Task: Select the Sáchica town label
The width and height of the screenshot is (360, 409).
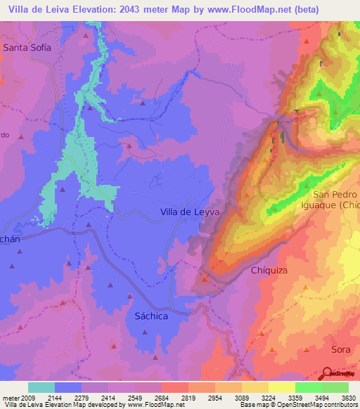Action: (x=150, y=316)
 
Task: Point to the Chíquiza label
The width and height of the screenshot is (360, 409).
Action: (x=271, y=270)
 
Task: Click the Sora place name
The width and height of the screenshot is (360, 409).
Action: (x=341, y=349)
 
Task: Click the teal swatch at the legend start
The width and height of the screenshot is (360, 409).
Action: (x=41, y=387)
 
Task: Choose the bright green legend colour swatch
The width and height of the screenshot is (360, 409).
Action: (x=308, y=387)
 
